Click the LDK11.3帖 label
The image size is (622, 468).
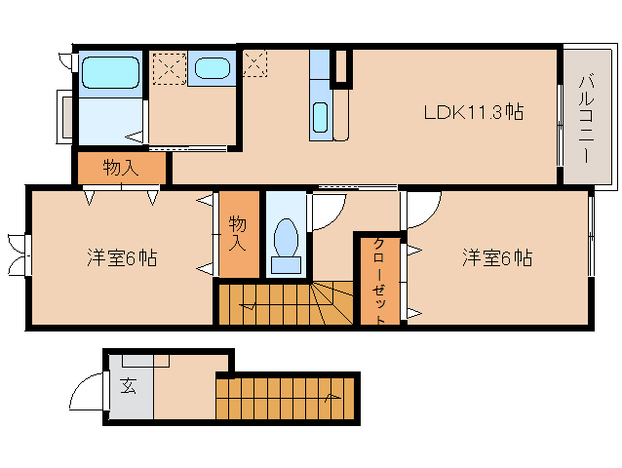pyautogui.click(x=473, y=112)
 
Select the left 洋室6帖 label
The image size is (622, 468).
pyautogui.click(x=122, y=258)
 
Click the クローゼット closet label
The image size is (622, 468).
pyautogui.click(x=379, y=280)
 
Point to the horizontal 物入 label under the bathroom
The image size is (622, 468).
pyautogui.click(x=121, y=168)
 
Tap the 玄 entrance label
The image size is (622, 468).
pyautogui.click(x=128, y=385)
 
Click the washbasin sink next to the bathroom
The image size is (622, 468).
pyautogui.click(x=212, y=68)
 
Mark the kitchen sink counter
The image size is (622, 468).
pyautogui.click(x=321, y=107)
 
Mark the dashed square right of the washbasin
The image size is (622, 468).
pyautogui.click(x=253, y=61)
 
